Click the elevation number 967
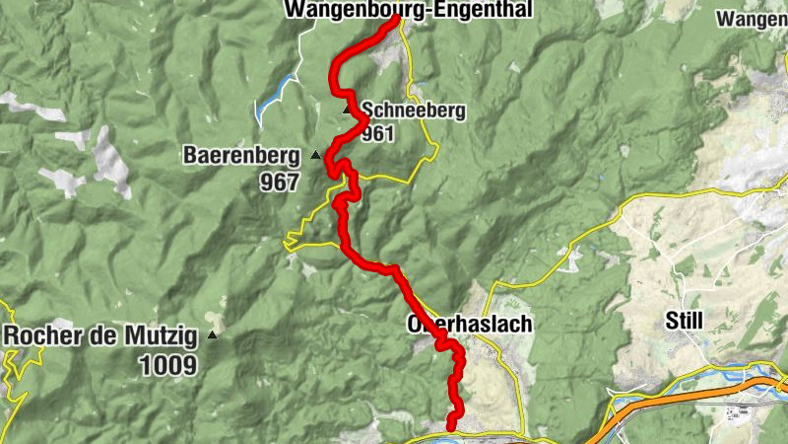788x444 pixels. coord(280,182)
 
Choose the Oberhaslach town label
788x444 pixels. coord(469,325)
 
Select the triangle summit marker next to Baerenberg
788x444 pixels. coord(315,155)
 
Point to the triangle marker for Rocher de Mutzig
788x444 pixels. coord(213,335)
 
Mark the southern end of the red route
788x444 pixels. coord(451,426)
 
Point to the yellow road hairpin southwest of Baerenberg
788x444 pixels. coord(288,239)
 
